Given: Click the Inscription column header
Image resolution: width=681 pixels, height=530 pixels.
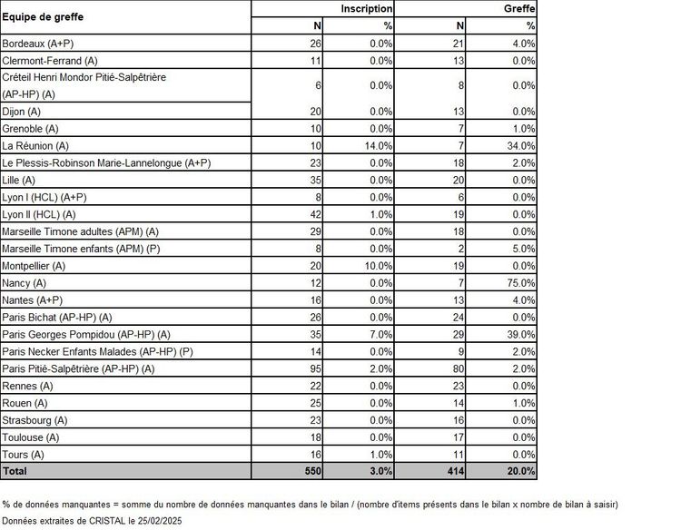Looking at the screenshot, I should coord(367,8).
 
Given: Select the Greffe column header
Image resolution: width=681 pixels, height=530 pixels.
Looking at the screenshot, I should coord(519,8).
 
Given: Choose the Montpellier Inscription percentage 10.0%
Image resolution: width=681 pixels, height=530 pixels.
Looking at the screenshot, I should coord(375,266).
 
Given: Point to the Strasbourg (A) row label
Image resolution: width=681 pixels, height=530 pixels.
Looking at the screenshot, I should coord(35,420).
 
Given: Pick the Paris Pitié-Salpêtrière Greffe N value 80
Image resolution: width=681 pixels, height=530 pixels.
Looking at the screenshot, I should coord(458,368).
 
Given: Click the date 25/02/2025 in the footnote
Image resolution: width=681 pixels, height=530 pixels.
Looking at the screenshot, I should coord(166,522).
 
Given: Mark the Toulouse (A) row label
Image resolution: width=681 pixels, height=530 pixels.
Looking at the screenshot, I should coord(33,437).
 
